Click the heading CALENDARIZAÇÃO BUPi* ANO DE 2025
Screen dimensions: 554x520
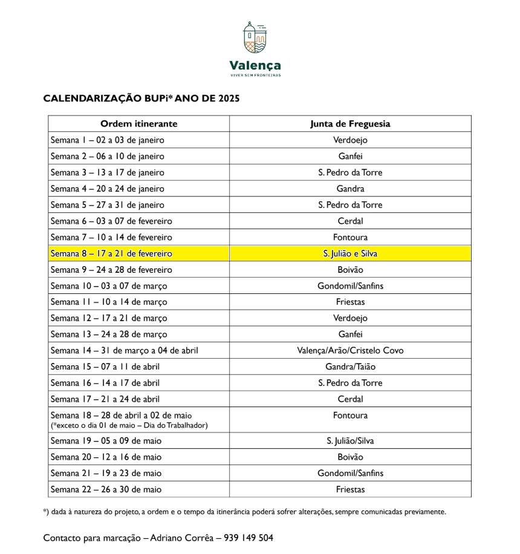coord(141,99)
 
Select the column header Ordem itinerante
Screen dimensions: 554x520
coord(138,124)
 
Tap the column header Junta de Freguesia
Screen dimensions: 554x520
coord(350,124)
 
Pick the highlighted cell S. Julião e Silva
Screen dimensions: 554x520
coord(350,253)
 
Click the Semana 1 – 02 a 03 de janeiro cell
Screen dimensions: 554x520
coord(107,140)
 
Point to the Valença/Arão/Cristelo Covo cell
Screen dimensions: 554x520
coord(350,351)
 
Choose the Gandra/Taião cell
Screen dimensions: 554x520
coord(350,367)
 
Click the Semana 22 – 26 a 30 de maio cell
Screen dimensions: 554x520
coord(106,489)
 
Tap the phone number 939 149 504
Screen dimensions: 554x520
coord(249,538)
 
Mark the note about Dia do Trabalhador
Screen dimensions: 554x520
coord(129,426)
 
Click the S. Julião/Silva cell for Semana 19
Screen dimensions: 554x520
coord(350,441)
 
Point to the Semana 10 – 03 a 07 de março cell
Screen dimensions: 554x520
coord(109,286)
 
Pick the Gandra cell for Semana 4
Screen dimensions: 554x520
coord(350,189)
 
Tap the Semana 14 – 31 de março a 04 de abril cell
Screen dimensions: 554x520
coord(124,351)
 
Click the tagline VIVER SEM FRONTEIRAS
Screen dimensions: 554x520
coord(255,76)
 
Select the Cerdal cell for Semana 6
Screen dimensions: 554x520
coord(350,221)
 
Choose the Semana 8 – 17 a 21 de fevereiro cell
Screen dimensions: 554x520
coord(111,253)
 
